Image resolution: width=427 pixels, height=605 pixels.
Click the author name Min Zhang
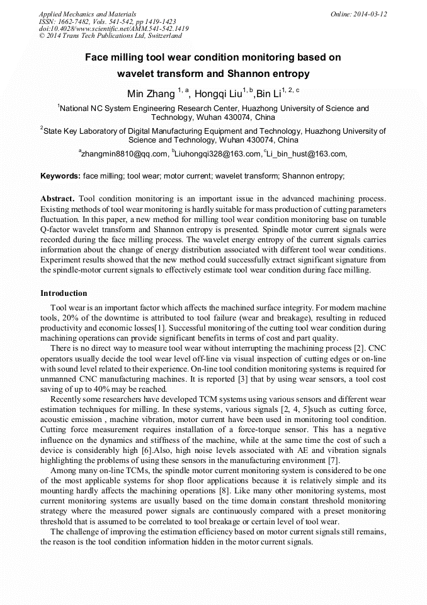(x=151, y=94)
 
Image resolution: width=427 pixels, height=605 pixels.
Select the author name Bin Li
(x=268, y=94)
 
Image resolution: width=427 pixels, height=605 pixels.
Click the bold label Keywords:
(x=60, y=176)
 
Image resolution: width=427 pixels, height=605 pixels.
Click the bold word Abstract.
(x=57, y=198)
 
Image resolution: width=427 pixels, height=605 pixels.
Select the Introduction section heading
(x=64, y=293)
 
